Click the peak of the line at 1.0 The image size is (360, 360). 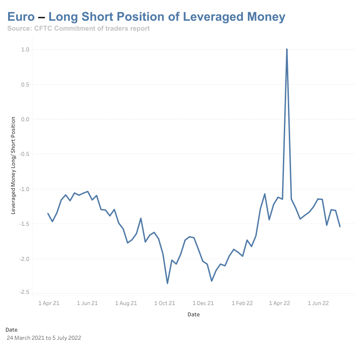(x=287, y=49)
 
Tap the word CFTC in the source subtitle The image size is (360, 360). (x=45, y=28)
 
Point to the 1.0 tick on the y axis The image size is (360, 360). (x=25, y=50)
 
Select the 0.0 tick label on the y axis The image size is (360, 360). (x=25, y=119)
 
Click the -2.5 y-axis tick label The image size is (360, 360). (x=24, y=292)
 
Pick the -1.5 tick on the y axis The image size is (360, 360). (x=24, y=224)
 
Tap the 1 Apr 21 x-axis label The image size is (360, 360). (x=48, y=303)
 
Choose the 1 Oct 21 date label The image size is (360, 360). (x=164, y=303)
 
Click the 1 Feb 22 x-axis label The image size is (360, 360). (x=242, y=303)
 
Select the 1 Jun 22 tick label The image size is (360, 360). (x=319, y=303)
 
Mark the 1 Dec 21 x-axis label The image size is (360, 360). (x=204, y=303)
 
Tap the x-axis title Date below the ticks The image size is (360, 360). (x=194, y=314)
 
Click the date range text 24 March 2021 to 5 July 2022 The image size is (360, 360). (x=44, y=337)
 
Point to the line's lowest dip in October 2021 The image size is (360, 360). (x=167, y=283)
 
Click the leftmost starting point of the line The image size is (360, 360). (x=48, y=214)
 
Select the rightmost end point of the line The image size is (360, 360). (x=340, y=226)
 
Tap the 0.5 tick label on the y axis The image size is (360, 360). (x=25, y=85)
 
